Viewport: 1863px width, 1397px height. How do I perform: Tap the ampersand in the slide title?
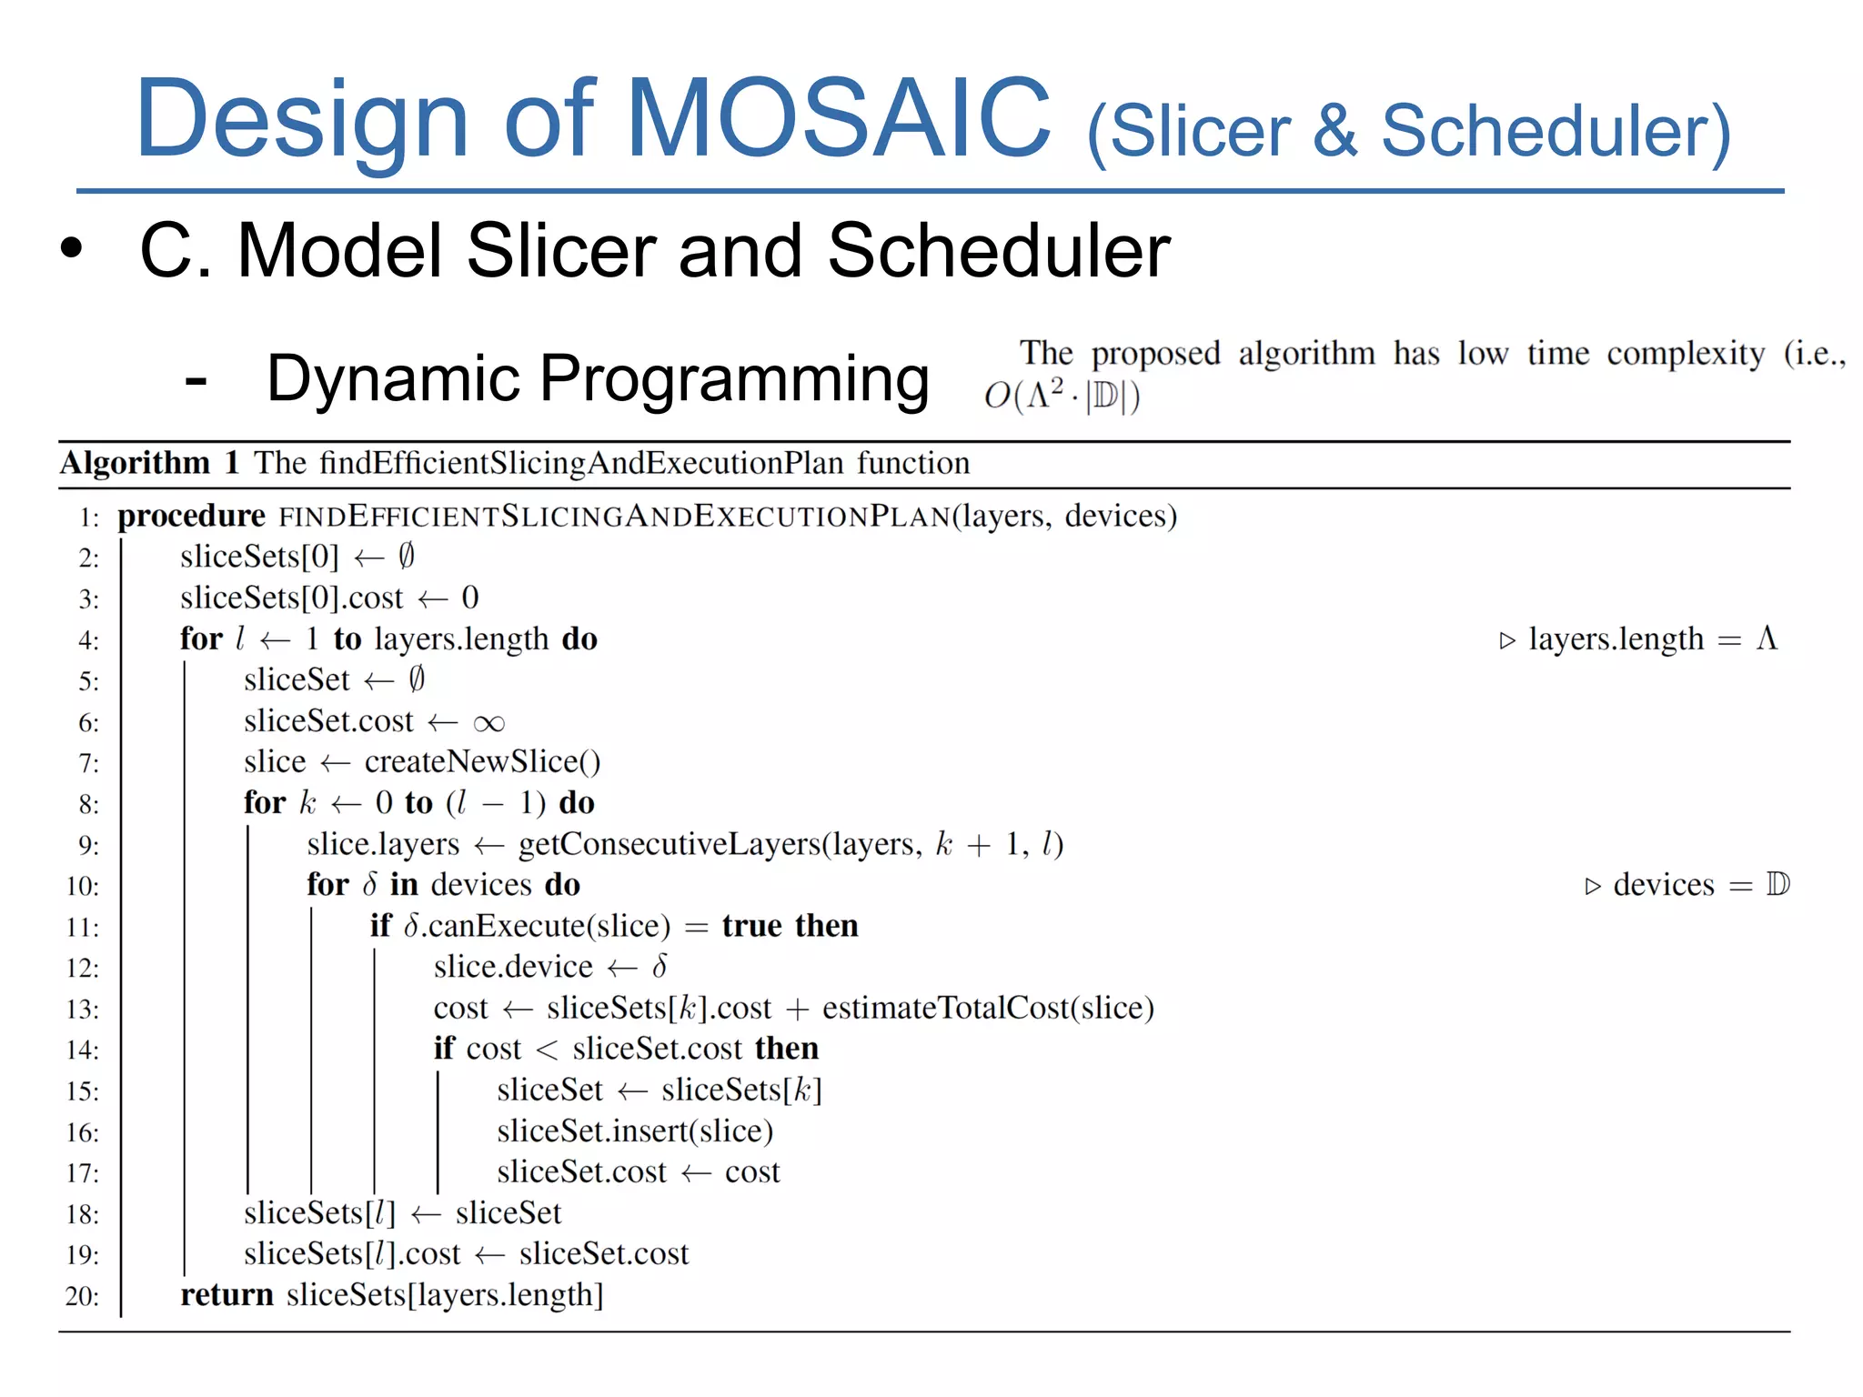[1334, 130]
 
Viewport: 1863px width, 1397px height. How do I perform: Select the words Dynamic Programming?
[598, 378]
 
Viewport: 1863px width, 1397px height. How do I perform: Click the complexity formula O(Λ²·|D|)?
[1062, 397]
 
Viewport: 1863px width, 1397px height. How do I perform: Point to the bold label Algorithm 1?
[150, 463]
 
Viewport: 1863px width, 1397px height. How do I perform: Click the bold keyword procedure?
[191, 516]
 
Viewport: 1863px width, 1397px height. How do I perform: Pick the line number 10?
[83, 886]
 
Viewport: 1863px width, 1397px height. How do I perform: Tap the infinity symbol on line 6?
[488, 723]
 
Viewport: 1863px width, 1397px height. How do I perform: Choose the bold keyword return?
[227, 1294]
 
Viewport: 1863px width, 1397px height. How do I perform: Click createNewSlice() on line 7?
[482, 762]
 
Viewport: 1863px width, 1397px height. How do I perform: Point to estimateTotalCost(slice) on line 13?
[988, 1008]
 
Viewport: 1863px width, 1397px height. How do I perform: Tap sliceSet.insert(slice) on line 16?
[635, 1131]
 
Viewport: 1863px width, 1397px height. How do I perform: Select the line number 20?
[83, 1296]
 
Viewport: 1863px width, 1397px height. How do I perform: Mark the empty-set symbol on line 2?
[407, 556]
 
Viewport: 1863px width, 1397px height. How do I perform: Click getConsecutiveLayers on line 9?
[670, 844]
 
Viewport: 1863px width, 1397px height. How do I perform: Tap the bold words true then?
[790, 926]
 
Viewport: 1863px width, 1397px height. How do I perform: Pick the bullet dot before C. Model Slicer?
[71, 248]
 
